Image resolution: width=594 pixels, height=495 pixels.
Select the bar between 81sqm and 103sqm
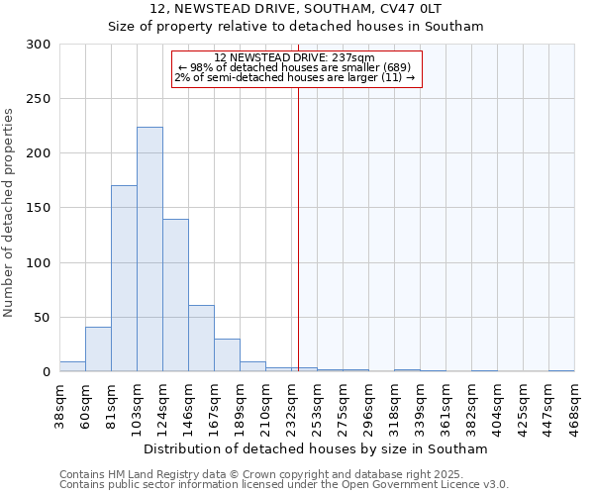pyautogui.click(x=124, y=278)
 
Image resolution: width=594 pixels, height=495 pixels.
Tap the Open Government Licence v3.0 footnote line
pyautogui.click(x=284, y=484)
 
